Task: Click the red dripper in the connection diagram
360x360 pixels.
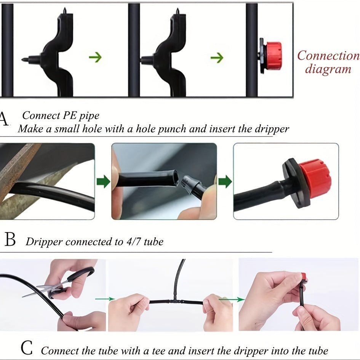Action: pyautogui.click(x=273, y=56)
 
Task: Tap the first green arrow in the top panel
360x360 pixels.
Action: pyautogui.click(x=95, y=57)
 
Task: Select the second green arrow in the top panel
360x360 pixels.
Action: pyautogui.click(x=217, y=58)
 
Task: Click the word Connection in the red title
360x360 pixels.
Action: pyautogui.click(x=328, y=56)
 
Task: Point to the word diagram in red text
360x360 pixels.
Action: pyautogui.click(x=328, y=69)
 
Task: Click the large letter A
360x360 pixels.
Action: pyautogui.click(x=3, y=119)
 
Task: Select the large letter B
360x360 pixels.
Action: pyautogui.click(x=10, y=240)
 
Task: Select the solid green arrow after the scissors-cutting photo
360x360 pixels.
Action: pyautogui.click(x=103, y=181)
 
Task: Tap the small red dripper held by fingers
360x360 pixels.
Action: pyautogui.click(x=304, y=277)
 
